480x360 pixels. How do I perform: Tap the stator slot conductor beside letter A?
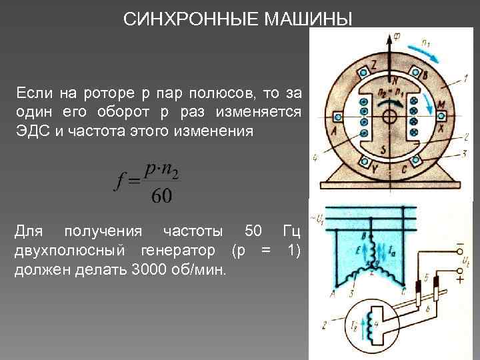point(339,117)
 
